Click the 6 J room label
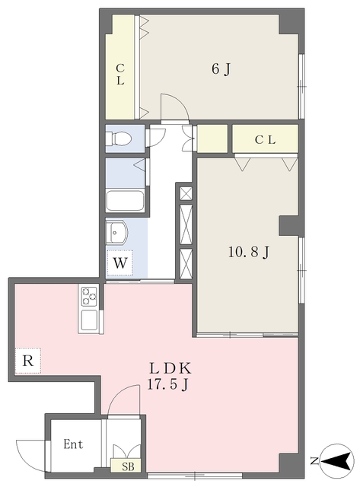click(x=221, y=69)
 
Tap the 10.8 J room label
click(x=248, y=253)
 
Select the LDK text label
click(x=170, y=368)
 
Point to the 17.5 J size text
click(x=167, y=385)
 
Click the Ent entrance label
click(x=73, y=444)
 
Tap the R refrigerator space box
click(x=28, y=361)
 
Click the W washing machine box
click(x=120, y=263)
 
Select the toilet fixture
click(x=118, y=138)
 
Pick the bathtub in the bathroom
click(x=125, y=201)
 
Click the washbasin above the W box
click(x=116, y=232)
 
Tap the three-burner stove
click(x=89, y=296)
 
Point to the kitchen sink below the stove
click(x=89, y=320)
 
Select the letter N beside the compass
click(x=314, y=461)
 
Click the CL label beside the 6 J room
click(x=120, y=75)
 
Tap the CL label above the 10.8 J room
click(x=265, y=140)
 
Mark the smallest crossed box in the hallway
click(x=186, y=194)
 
